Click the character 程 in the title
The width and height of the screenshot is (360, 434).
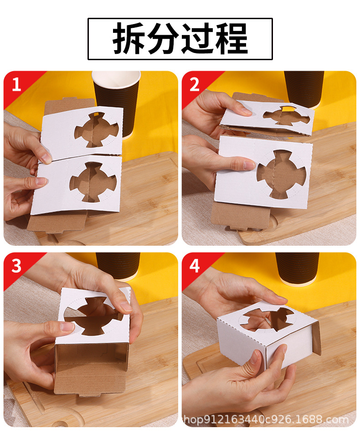point(231,39)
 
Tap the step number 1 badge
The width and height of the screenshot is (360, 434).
point(16,84)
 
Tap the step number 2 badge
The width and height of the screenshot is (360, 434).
point(195,84)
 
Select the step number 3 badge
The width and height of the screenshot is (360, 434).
point(16,266)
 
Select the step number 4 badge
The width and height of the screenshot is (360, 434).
point(195,266)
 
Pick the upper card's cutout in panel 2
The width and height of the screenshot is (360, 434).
point(286,116)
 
